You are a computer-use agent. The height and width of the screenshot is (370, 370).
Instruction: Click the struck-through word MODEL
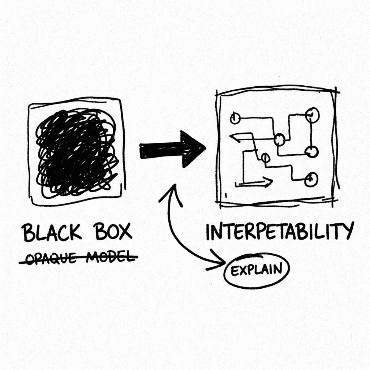111,257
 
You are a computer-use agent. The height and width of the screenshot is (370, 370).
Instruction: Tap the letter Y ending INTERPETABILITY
347,230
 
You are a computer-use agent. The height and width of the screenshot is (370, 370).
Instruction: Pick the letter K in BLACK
76,232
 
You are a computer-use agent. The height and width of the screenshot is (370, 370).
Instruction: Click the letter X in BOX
125,231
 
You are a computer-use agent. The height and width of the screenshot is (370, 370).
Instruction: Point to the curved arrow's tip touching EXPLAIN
224,262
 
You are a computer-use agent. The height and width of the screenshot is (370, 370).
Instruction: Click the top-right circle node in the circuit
312,115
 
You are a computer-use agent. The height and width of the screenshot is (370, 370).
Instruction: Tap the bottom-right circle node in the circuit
311,179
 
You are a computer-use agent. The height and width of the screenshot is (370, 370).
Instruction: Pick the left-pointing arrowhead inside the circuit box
235,138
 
